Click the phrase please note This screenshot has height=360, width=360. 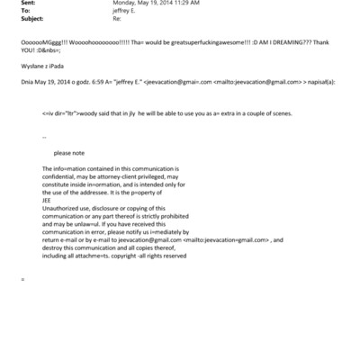(x=69, y=153)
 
